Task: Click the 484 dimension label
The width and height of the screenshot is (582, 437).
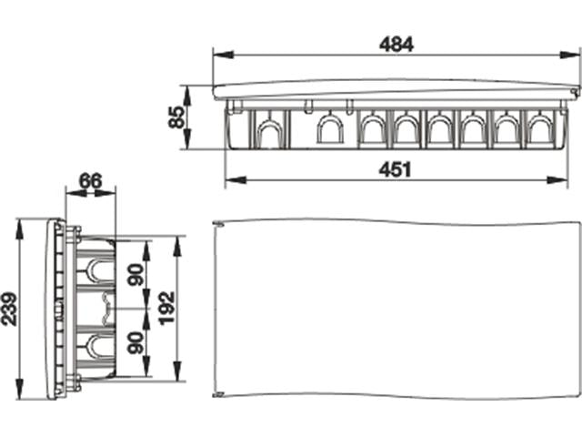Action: click(396, 43)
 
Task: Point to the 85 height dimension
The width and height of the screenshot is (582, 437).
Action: click(176, 117)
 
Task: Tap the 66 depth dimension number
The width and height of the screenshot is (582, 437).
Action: click(89, 180)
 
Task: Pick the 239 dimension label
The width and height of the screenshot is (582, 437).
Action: click(12, 310)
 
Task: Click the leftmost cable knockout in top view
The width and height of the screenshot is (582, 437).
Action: click(266, 133)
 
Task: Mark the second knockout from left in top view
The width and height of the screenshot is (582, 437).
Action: click(328, 133)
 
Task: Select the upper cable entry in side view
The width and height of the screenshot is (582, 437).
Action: click(95, 269)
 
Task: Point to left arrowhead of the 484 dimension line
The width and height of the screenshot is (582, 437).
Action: click(216, 55)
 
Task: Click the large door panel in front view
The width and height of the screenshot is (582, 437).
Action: click(396, 310)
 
